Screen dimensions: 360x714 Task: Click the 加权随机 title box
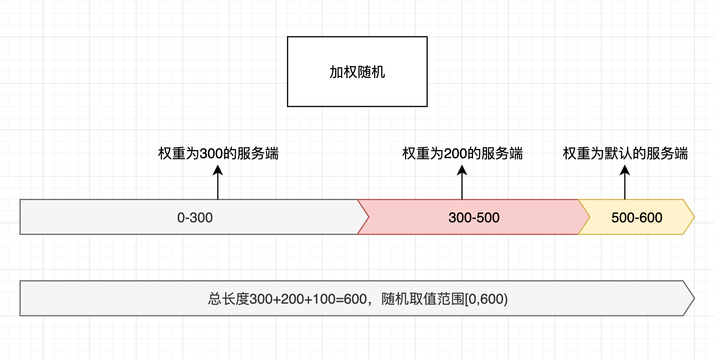coord(357,72)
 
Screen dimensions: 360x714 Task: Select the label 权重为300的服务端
coord(218,154)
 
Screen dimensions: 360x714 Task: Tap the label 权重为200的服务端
coord(462,154)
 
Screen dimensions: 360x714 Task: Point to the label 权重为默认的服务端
coord(625,154)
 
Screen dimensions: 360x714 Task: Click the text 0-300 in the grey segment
coord(195,218)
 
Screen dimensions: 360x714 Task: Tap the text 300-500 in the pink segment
coord(474,218)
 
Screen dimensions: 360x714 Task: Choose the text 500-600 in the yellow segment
coord(637,218)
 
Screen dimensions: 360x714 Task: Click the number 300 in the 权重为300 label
coord(211,154)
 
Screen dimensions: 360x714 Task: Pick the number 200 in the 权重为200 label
coord(455,154)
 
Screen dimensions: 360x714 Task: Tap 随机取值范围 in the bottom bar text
coord(423,299)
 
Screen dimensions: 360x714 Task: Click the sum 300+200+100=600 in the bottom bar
coord(308,299)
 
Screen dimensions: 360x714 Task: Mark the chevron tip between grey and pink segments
coord(368,217)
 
